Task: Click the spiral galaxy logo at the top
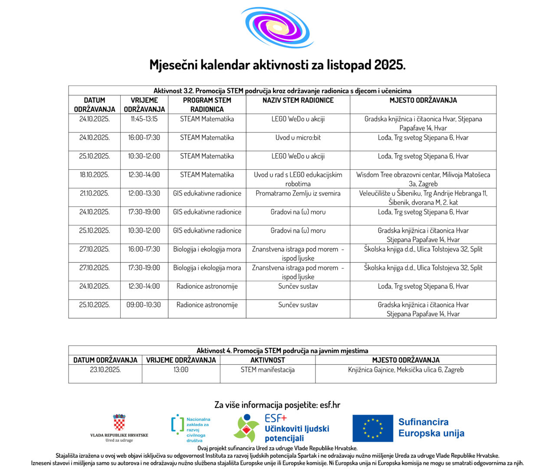tap(277, 27)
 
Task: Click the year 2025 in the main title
tap(389, 65)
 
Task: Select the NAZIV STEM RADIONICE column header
tap(298, 100)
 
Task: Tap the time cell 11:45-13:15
tap(144, 119)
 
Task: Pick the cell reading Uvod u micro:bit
tap(298, 138)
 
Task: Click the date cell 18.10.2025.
tap(94, 175)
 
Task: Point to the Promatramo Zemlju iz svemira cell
tap(298, 193)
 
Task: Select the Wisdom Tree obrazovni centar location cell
tap(423, 179)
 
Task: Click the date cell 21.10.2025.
tap(94, 193)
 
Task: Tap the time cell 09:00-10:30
tap(144, 305)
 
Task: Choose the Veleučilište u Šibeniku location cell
tap(423, 198)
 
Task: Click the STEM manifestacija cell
tap(267, 370)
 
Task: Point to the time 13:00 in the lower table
tap(181, 370)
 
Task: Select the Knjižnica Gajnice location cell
tap(406, 370)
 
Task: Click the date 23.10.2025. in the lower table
tap(105, 370)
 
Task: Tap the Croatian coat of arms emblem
tap(119, 422)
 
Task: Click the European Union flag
tap(373, 428)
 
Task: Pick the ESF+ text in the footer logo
tap(276, 419)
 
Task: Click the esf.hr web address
tap(330, 405)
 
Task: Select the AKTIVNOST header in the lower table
tap(267, 360)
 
